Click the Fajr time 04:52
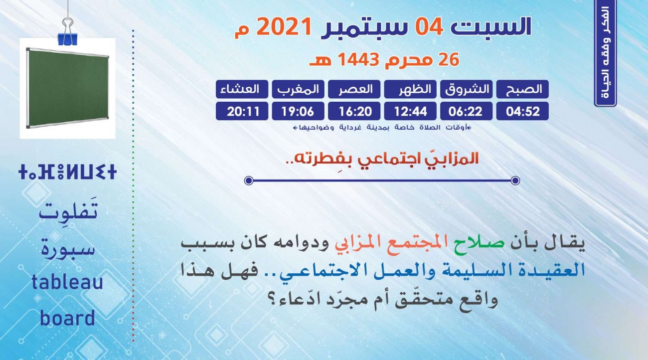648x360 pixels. tap(522, 111)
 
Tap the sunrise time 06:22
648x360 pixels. tap(467, 111)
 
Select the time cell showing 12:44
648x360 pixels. tap(410, 111)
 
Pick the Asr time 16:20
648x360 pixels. tap(354, 111)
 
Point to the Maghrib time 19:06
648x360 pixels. tap(298, 111)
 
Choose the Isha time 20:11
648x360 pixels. tap(242, 111)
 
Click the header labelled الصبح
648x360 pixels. tap(522, 89)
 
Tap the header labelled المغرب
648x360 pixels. tap(298, 89)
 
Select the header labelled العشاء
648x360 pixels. tap(242, 89)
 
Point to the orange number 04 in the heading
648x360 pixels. tap(429, 26)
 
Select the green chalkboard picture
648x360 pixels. tap(67, 88)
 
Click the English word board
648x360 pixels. tap(67, 318)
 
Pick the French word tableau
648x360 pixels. tap(67, 282)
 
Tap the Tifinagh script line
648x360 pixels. tap(67, 172)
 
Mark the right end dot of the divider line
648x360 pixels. tap(515, 180)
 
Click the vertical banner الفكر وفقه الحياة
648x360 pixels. tap(606, 53)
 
